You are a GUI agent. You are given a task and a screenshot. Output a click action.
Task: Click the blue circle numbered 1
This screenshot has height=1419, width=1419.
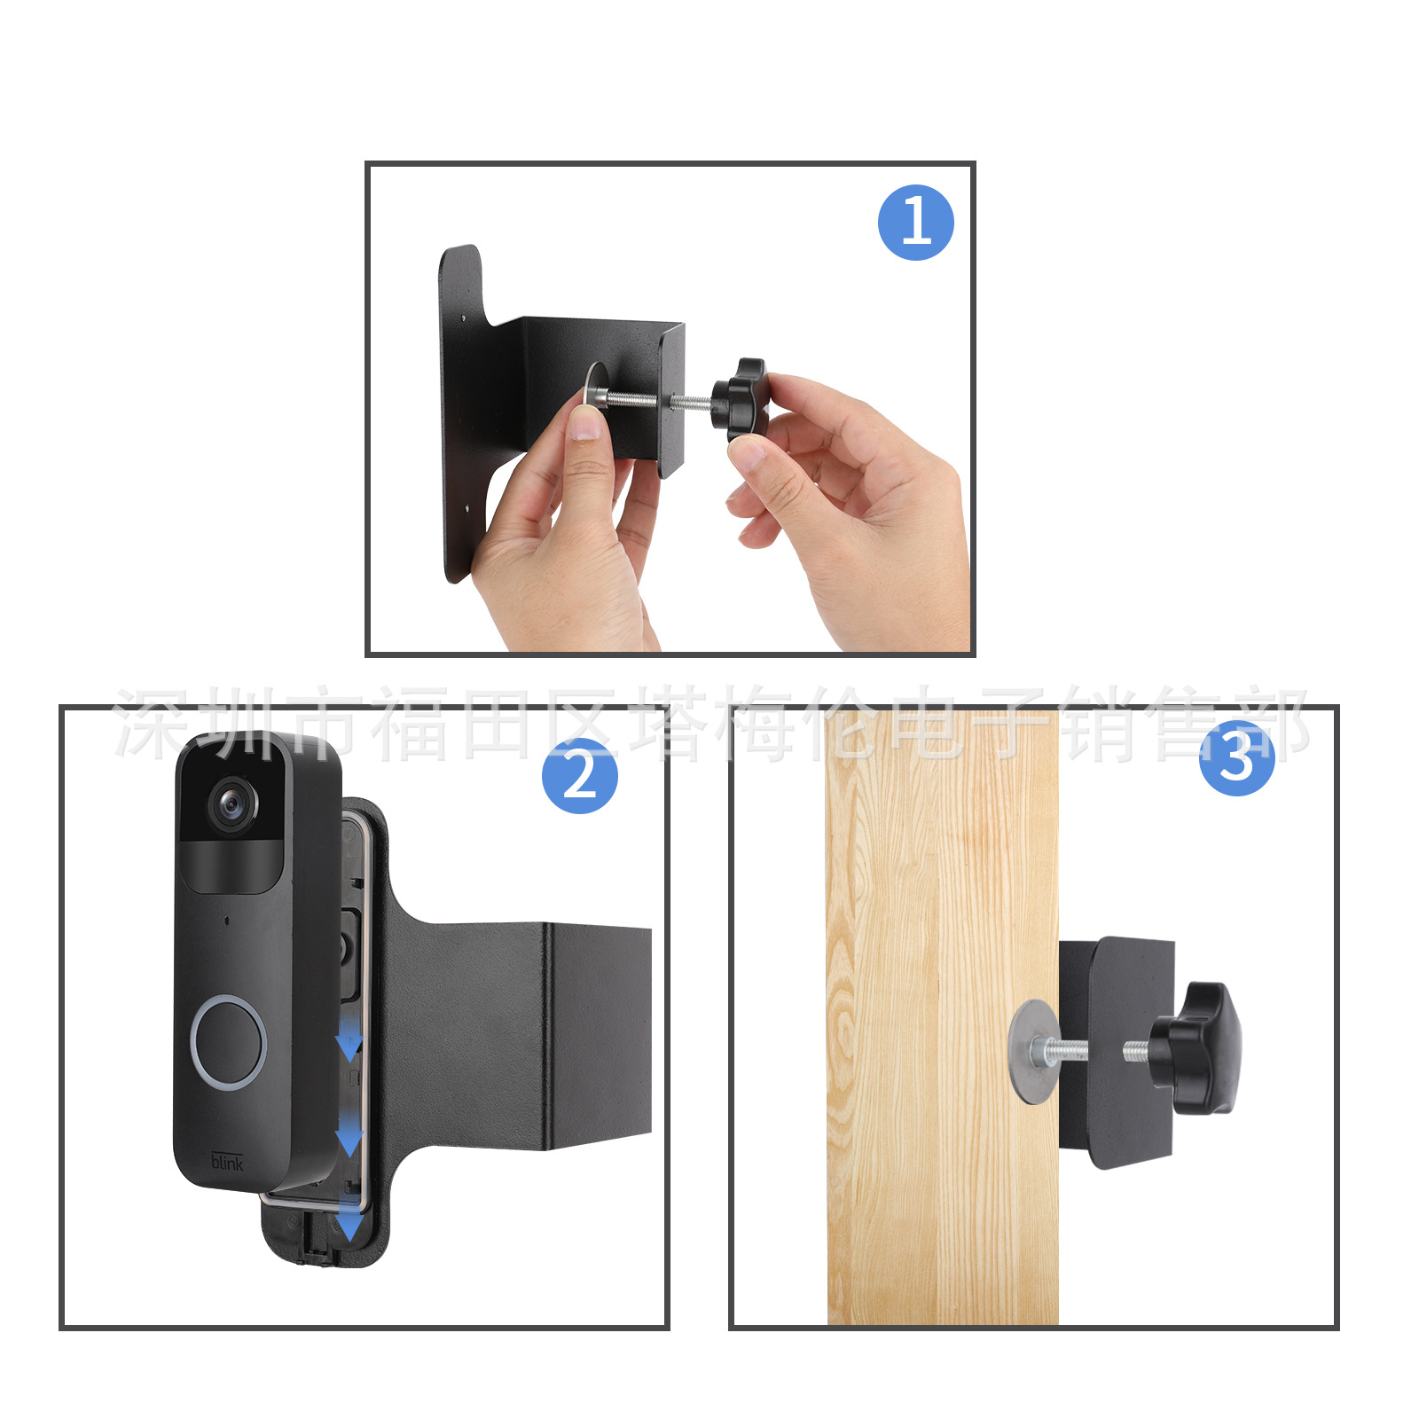point(915,223)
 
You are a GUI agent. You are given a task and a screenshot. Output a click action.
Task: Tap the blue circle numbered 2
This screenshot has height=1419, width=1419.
point(579,776)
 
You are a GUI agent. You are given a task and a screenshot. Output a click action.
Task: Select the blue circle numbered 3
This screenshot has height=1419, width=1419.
point(1236,758)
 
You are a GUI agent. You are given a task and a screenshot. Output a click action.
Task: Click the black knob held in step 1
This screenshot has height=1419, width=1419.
point(741,399)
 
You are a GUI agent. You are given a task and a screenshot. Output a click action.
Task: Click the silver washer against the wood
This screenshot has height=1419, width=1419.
point(1029,1052)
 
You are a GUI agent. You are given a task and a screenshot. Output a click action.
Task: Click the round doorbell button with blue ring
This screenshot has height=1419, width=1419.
point(229,1041)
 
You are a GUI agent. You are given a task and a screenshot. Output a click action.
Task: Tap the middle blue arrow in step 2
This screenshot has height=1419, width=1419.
point(349,1139)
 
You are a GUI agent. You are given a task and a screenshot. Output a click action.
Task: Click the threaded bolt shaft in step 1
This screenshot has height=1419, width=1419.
point(656,401)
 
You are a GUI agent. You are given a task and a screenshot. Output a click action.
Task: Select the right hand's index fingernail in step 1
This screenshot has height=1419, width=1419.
point(747,454)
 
